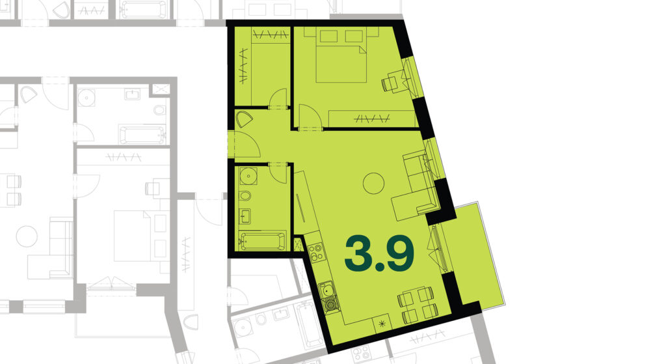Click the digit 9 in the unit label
pos(399,253)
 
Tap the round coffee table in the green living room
pos(374,183)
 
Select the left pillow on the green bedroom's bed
pos(328,36)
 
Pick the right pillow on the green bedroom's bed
pos(354,36)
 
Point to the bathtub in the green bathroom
pos(263,241)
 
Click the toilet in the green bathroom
pos(245,196)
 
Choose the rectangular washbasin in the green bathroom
pos(245,216)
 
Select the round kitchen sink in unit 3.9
pos(327,291)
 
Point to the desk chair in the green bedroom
pos(390,83)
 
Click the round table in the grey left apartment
pos(27,236)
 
